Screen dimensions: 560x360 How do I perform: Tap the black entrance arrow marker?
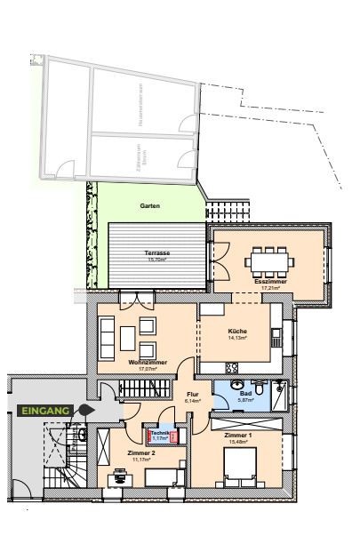click(85, 410)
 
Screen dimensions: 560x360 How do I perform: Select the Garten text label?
click(149, 205)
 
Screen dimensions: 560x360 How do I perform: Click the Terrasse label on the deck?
click(157, 253)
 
